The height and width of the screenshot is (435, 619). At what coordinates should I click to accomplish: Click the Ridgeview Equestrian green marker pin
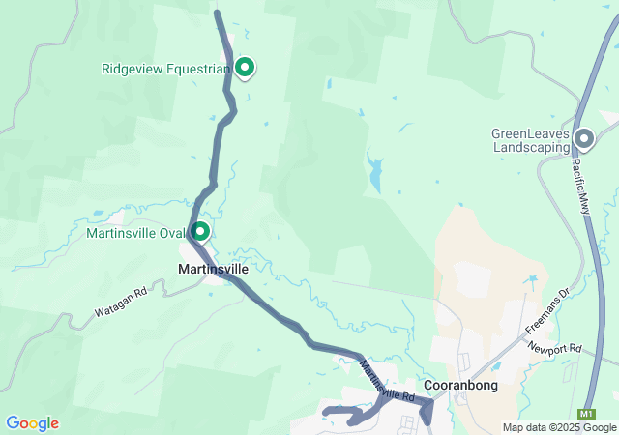pyautogui.click(x=245, y=67)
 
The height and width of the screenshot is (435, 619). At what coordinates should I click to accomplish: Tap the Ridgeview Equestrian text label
pyautogui.click(x=165, y=69)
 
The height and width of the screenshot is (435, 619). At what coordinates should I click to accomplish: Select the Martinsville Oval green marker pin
pyautogui.click(x=200, y=231)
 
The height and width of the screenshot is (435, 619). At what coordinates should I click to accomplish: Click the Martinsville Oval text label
pyautogui.click(x=134, y=233)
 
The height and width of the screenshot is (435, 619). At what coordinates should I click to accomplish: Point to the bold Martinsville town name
pyautogui.click(x=213, y=269)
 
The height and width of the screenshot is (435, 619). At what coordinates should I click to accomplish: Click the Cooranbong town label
pyautogui.click(x=460, y=385)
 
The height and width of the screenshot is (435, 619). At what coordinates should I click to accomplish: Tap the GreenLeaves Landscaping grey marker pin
pyautogui.click(x=583, y=138)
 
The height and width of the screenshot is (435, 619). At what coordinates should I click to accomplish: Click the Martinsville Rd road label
pyautogui.click(x=387, y=382)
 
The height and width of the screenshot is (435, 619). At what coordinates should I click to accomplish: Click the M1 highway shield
pyautogui.click(x=587, y=414)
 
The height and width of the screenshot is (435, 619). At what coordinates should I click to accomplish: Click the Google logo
pyautogui.click(x=32, y=423)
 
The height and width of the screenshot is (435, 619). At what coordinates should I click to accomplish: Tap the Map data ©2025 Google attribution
pyautogui.click(x=558, y=427)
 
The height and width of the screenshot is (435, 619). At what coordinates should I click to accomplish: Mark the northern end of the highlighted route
pyautogui.click(x=217, y=13)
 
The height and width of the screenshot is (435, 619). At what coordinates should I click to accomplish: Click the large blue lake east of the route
pyautogui.click(x=374, y=171)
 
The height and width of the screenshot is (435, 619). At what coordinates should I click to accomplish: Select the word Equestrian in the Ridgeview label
pyautogui.click(x=198, y=69)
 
